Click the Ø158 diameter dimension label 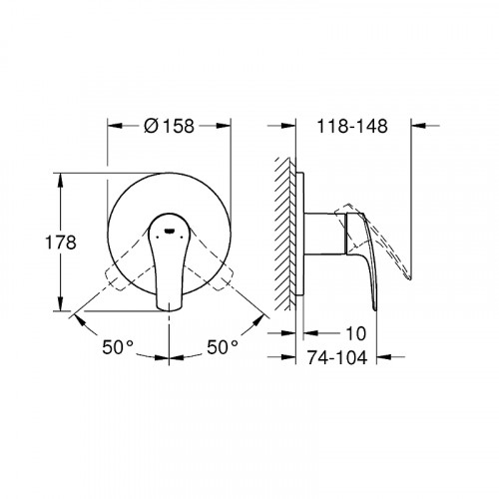click(169, 126)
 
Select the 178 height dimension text click(61, 243)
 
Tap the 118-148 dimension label click(352, 126)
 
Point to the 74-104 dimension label click(337, 357)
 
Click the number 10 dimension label click(356, 333)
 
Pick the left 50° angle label click(118, 347)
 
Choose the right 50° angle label click(223, 347)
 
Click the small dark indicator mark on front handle click(170, 231)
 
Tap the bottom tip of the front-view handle click(170, 310)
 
